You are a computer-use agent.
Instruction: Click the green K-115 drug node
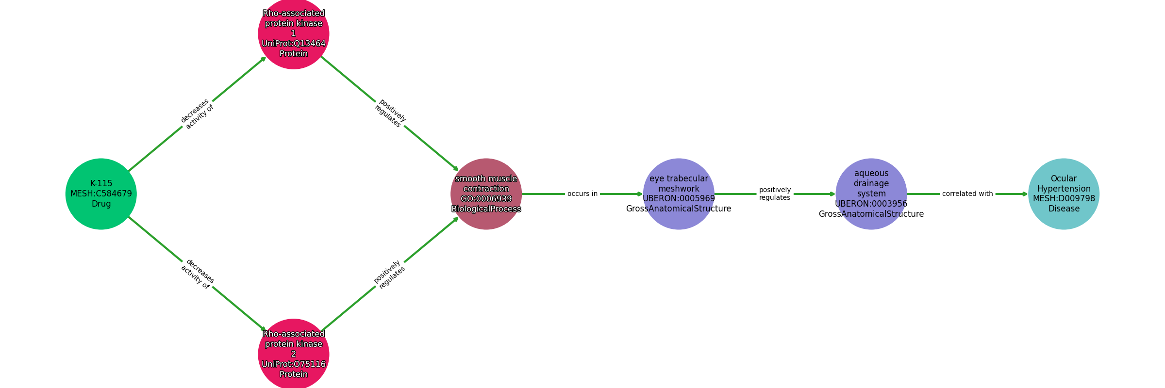(x=101, y=194)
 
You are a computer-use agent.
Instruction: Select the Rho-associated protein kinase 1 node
(x=294, y=33)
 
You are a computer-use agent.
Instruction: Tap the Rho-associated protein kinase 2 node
(x=294, y=354)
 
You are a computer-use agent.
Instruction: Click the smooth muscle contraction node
(x=486, y=194)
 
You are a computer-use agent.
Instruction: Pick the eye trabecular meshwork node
(x=679, y=194)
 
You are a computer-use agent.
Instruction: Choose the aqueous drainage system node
(x=871, y=194)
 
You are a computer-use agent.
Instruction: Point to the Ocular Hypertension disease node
(x=1064, y=194)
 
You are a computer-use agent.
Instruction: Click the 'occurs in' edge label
(x=582, y=194)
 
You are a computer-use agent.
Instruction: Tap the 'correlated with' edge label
(x=967, y=194)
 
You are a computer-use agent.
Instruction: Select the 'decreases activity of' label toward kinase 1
(x=197, y=114)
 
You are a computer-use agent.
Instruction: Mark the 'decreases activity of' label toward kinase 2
(x=197, y=274)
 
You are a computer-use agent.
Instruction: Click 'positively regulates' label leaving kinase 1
(x=390, y=113)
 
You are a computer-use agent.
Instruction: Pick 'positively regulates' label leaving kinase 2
(x=390, y=275)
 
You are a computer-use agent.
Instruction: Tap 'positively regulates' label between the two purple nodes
(x=775, y=194)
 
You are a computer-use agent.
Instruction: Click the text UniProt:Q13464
(x=294, y=44)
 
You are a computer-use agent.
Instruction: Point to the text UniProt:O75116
(x=294, y=364)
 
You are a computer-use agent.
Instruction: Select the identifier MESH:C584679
(x=101, y=194)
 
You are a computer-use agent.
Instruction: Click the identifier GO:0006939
(x=486, y=199)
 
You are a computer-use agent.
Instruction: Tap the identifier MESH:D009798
(x=1064, y=199)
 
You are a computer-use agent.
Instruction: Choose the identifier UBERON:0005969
(x=679, y=199)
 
